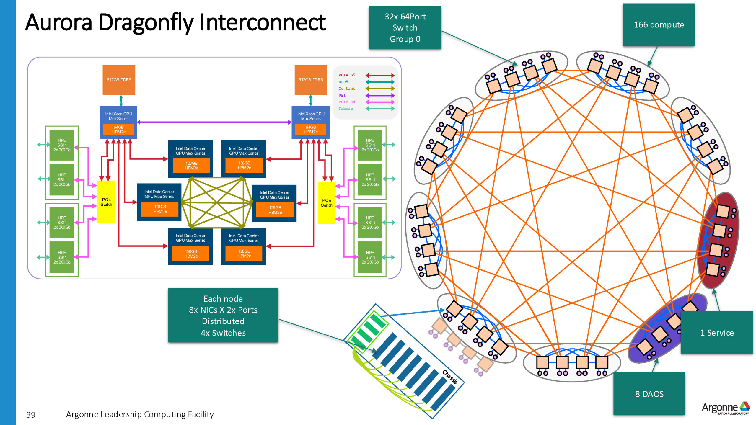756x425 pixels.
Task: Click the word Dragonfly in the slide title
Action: pos(146,23)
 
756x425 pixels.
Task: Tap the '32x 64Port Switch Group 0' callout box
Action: pos(405,28)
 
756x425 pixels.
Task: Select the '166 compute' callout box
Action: pos(659,25)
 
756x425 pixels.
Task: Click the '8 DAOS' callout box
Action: pos(649,394)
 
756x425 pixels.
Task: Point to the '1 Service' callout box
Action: pos(717,332)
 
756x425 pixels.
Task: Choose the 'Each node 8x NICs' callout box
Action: pos(223,315)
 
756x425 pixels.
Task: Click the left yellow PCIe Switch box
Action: pos(106,202)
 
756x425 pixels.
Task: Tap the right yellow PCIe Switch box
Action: pos(327,202)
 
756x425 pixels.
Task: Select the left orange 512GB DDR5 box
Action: pos(119,80)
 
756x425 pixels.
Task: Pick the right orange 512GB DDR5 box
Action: pos(311,80)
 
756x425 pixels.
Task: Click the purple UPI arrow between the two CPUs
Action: pos(214,122)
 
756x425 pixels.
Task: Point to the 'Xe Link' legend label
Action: pos(347,89)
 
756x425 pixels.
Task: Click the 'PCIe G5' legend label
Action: pos(347,75)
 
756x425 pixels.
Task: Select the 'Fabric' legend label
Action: pos(346,109)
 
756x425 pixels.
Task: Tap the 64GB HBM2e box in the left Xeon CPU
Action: pos(119,129)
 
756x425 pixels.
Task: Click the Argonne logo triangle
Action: pos(744,406)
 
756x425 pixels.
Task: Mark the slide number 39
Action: pos(31,415)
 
